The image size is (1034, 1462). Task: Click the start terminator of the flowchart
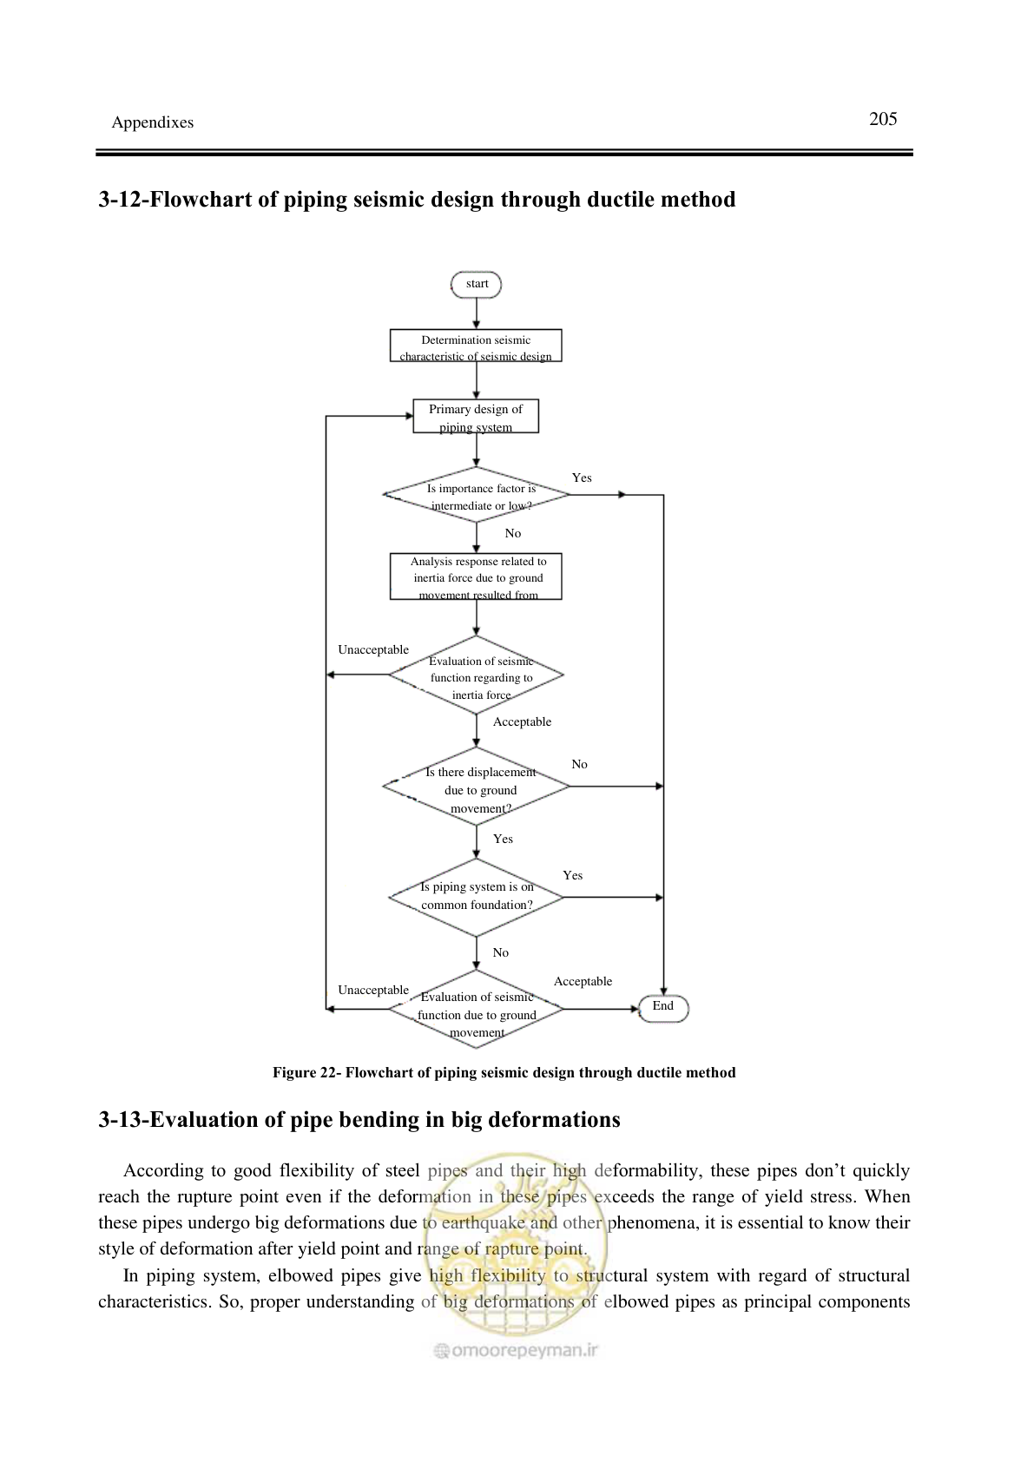[x=476, y=285]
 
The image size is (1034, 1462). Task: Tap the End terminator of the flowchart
[x=663, y=1009]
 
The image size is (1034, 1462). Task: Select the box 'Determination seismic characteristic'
[x=476, y=346]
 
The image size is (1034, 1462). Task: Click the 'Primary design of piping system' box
[x=476, y=417]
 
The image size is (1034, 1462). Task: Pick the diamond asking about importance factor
[x=476, y=495]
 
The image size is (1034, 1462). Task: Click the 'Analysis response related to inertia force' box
[x=476, y=577]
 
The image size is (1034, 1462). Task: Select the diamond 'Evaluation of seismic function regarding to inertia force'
[x=476, y=675]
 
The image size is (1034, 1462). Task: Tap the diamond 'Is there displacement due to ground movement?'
[x=476, y=787]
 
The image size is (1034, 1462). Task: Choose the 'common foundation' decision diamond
[x=476, y=898]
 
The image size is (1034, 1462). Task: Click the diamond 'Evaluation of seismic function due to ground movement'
[x=476, y=1009]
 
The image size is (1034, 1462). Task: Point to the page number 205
[x=883, y=119]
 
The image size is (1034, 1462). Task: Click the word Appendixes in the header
[x=153, y=122]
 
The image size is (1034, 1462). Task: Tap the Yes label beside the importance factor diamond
[x=582, y=477]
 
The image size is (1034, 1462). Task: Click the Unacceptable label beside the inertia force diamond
[x=373, y=649]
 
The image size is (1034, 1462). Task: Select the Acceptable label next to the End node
[x=583, y=981]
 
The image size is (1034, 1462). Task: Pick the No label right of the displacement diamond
[x=579, y=764]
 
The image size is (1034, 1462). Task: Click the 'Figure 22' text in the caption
[x=304, y=1073]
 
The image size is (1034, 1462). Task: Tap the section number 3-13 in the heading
[x=122, y=1120]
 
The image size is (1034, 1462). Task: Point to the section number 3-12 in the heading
[x=122, y=200]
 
